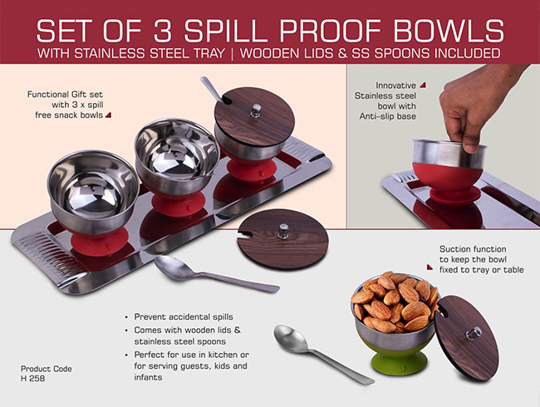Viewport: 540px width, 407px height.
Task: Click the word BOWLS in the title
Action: pyautogui.click(x=449, y=31)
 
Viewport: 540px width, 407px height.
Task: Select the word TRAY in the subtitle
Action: pyautogui.click(x=209, y=53)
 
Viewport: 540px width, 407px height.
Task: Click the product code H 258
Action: pyautogui.click(x=32, y=379)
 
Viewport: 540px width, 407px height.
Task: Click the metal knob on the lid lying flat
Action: pyautogui.click(x=283, y=232)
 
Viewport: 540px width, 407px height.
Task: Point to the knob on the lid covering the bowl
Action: pyautogui.click(x=256, y=110)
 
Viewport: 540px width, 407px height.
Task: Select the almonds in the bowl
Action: pyautogui.click(x=395, y=302)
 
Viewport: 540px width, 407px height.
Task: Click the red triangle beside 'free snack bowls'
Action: pyautogui.click(x=108, y=115)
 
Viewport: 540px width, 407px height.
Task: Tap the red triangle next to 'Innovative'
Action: pyautogui.click(x=422, y=85)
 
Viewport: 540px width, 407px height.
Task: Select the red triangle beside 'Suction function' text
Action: pyautogui.click(x=430, y=267)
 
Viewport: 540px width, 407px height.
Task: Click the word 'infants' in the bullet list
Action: pyautogui.click(x=148, y=377)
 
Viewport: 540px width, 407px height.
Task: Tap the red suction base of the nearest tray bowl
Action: pyautogui.click(x=100, y=242)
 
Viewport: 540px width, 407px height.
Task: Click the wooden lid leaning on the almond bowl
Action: pyautogui.click(x=467, y=337)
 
